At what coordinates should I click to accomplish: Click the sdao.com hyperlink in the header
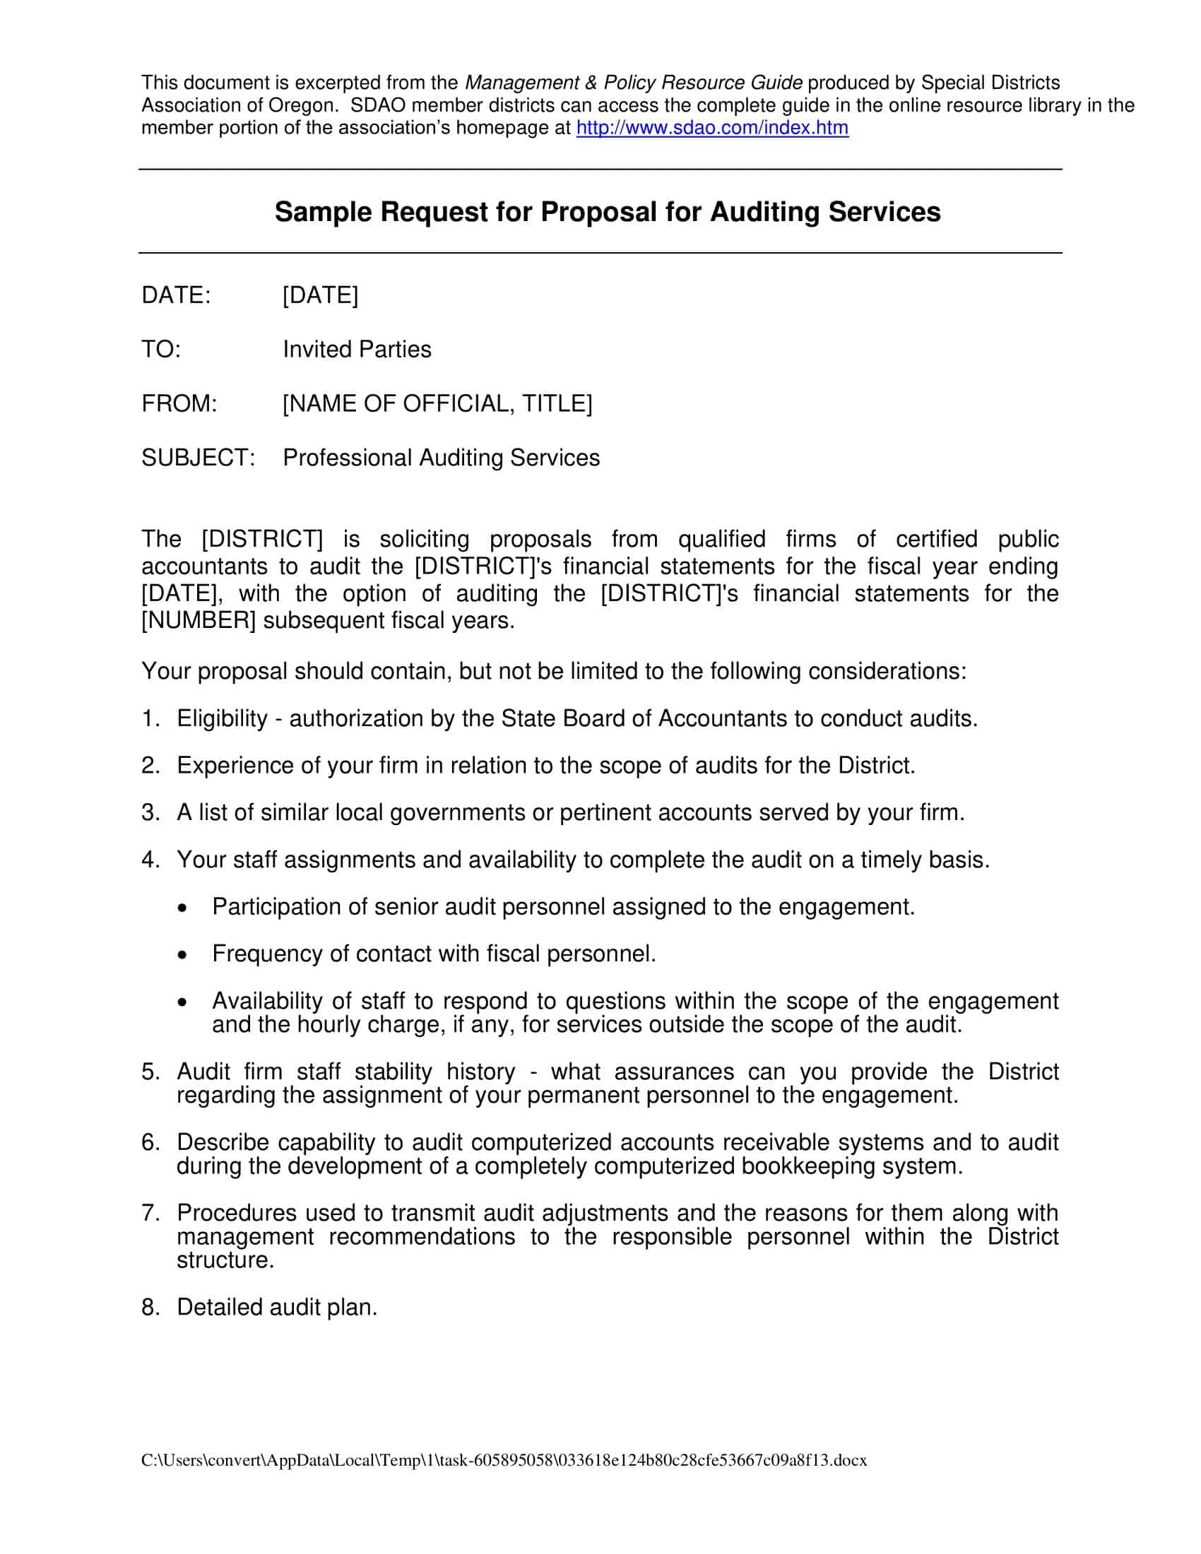tap(711, 128)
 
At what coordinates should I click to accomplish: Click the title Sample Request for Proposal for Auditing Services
tap(607, 212)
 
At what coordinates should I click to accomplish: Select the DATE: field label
tap(176, 295)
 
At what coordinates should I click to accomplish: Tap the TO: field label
tap(161, 350)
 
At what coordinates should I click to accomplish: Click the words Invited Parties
tap(357, 350)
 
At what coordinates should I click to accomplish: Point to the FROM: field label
tap(179, 403)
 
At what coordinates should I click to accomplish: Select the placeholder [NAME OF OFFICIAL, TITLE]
tap(437, 403)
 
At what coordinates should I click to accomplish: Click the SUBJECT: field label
tap(198, 458)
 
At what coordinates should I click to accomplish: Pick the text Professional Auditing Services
tap(441, 458)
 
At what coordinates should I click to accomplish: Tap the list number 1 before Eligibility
tap(148, 718)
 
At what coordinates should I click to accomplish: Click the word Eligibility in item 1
tap(222, 718)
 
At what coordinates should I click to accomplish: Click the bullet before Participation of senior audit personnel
tap(184, 908)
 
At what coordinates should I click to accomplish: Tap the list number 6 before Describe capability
tap(149, 1143)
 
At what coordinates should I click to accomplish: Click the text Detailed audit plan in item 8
tap(277, 1307)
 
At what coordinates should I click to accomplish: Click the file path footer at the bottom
tap(504, 1461)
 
